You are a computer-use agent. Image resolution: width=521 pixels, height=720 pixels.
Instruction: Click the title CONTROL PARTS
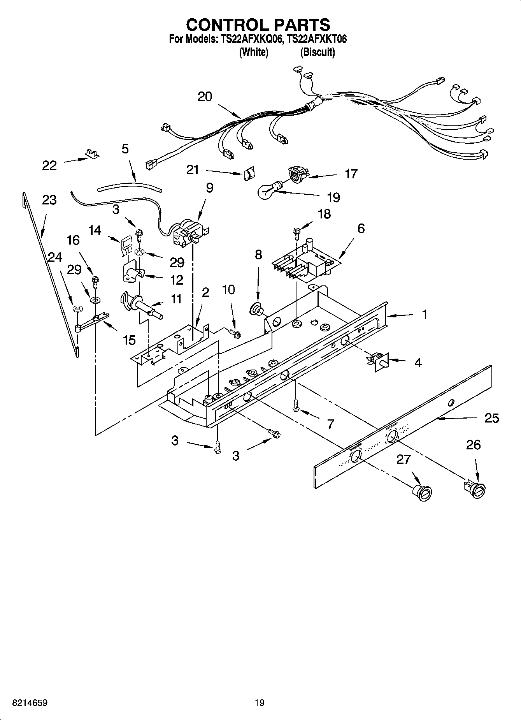(x=258, y=25)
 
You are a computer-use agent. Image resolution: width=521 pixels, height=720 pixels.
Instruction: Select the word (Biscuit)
(x=317, y=52)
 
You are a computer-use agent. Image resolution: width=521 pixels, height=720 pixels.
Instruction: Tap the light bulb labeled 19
(x=268, y=190)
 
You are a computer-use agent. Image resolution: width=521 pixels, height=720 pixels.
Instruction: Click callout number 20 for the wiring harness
(x=205, y=97)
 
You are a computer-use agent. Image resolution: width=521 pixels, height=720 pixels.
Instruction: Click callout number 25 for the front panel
(x=492, y=418)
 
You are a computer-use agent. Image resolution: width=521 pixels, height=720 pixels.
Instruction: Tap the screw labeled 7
(x=296, y=405)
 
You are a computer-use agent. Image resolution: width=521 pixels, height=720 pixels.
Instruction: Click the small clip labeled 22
(x=92, y=154)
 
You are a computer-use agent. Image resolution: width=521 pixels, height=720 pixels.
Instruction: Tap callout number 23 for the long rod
(x=49, y=200)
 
